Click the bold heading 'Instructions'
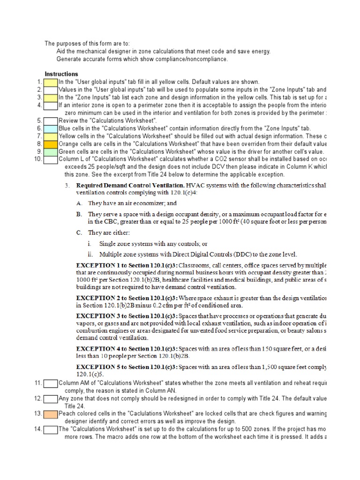61,74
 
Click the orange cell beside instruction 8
51,144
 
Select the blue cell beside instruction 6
51,128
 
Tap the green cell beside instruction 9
51,152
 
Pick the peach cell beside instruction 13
51,413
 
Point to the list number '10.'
38,159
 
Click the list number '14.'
38,429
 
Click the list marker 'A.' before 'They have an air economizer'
79,203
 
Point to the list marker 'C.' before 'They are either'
79,232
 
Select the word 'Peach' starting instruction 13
67,413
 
